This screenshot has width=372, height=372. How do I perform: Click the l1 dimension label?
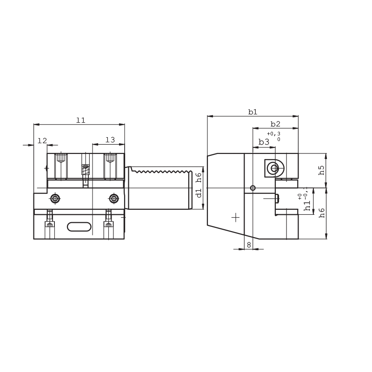tap(81, 120)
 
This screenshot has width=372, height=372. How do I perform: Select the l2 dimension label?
tap(42, 140)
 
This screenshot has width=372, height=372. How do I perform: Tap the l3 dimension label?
tap(110, 140)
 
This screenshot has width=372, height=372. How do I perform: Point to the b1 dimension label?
tap(252, 112)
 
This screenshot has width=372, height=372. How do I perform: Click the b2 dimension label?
tap(275, 124)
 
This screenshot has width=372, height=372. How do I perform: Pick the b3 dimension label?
tap(264, 142)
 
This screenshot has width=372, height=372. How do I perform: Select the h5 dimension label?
tap(321, 170)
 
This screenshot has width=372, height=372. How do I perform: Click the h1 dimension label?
tap(307, 205)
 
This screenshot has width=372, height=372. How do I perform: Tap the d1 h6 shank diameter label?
tap(199, 185)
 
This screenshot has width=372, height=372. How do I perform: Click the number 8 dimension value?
tap(249, 245)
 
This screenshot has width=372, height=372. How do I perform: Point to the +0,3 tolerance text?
tap(273, 134)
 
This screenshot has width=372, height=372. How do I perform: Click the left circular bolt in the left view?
tap(55, 199)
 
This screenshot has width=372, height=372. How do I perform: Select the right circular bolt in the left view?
tap(114, 199)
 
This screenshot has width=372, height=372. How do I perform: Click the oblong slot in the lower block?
tap(79, 226)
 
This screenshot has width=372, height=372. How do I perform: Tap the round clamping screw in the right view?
tap(274, 168)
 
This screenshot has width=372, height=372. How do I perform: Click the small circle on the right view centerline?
tap(252, 188)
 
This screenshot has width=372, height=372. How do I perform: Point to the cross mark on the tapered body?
tap(235, 217)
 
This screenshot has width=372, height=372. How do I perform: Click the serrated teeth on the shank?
tap(158, 172)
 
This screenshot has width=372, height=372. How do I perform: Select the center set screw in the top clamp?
tap(86, 170)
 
